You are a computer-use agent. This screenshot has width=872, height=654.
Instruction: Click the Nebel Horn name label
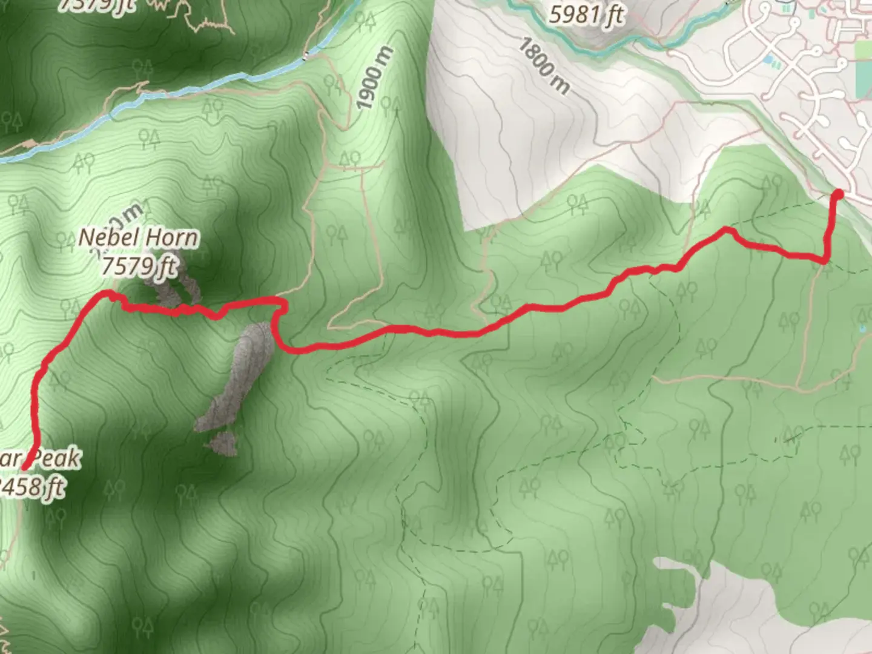click(138, 237)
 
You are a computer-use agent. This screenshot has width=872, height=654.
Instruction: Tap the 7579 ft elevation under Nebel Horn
click(139, 265)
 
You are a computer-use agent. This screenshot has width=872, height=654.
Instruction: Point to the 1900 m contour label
click(374, 79)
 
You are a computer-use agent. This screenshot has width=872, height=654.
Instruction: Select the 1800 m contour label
click(544, 67)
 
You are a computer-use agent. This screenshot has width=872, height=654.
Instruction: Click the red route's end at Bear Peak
click(25, 466)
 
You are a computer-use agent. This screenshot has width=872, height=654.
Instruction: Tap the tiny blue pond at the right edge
click(862, 329)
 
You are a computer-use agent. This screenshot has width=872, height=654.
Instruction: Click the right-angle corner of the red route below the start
click(825, 260)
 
